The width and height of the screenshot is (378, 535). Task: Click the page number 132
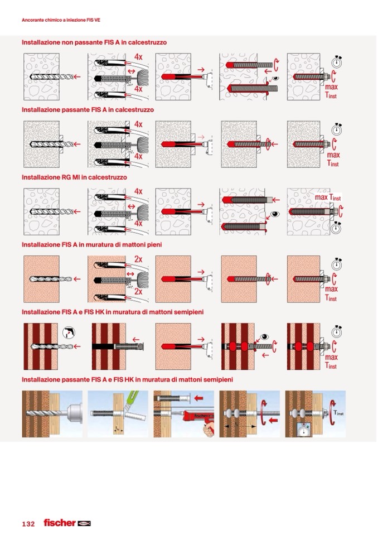(28, 524)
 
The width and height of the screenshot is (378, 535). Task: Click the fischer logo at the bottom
(67, 523)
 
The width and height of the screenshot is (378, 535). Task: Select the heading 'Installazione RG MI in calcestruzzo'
(74, 177)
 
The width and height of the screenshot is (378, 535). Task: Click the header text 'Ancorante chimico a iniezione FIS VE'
(61, 20)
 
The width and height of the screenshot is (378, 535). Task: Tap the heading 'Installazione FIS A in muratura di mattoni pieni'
(91, 245)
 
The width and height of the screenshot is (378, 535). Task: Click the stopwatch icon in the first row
(337, 62)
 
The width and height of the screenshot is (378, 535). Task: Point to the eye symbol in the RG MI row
(275, 214)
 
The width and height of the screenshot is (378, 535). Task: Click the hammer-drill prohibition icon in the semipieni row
(69, 332)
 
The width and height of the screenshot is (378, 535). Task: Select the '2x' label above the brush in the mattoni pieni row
(138, 259)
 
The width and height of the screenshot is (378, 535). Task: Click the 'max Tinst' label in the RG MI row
(328, 197)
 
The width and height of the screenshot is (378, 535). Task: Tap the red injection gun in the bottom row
(200, 420)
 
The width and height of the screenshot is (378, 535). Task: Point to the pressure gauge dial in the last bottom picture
(303, 430)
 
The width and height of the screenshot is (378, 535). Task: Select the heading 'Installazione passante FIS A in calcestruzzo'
(88, 110)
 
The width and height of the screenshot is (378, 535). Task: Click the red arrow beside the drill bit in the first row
(77, 77)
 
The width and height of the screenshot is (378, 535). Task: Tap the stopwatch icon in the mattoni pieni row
(337, 264)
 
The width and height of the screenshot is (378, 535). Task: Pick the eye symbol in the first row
(275, 78)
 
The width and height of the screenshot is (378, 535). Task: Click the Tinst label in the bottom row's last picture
(338, 413)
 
